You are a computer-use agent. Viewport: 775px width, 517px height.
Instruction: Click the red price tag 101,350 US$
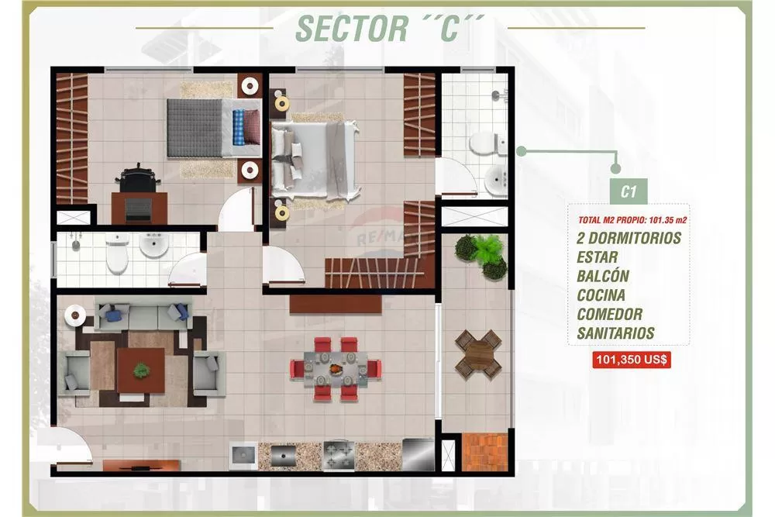(631, 360)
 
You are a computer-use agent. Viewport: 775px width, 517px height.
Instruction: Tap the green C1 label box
(628, 191)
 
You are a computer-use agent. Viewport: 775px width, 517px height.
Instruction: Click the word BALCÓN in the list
(603, 276)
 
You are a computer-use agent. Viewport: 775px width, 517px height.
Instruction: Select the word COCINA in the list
(601, 295)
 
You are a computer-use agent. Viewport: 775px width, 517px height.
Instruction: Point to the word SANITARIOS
(615, 333)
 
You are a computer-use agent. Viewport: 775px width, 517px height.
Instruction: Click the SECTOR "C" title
(391, 29)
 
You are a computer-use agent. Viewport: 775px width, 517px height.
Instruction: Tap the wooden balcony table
(478, 354)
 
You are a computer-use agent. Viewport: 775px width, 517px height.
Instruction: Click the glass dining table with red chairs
(336, 368)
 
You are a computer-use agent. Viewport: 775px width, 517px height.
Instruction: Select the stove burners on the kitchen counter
(339, 455)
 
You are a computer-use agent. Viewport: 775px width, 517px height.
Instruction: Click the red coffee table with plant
(141, 371)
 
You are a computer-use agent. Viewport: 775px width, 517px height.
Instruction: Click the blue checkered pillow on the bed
(239, 127)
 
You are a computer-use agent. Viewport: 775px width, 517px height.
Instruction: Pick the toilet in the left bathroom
(117, 253)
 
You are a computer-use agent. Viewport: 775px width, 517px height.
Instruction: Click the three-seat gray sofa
(143, 315)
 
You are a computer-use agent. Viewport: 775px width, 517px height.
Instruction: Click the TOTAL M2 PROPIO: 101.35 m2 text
(632, 220)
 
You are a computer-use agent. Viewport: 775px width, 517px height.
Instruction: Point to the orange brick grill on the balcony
(484, 452)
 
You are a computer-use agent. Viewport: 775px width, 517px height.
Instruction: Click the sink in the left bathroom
(153, 245)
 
